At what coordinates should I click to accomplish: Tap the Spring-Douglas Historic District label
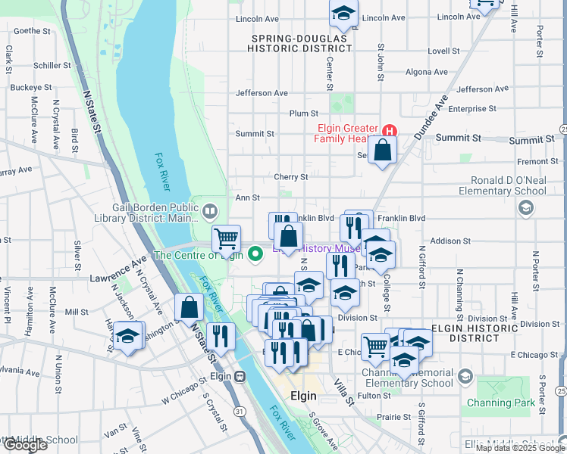tap(299, 42)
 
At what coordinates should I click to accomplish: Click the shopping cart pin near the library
tap(226, 239)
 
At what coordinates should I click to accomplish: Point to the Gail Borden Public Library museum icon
tap(210, 209)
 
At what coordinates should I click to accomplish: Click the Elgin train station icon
tap(240, 377)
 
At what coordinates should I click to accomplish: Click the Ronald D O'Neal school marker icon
tap(527, 209)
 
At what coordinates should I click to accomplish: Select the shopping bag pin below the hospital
tap(384, 149)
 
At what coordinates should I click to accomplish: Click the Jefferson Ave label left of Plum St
tap(262, 93)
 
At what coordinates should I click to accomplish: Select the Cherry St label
tap(291, 177)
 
